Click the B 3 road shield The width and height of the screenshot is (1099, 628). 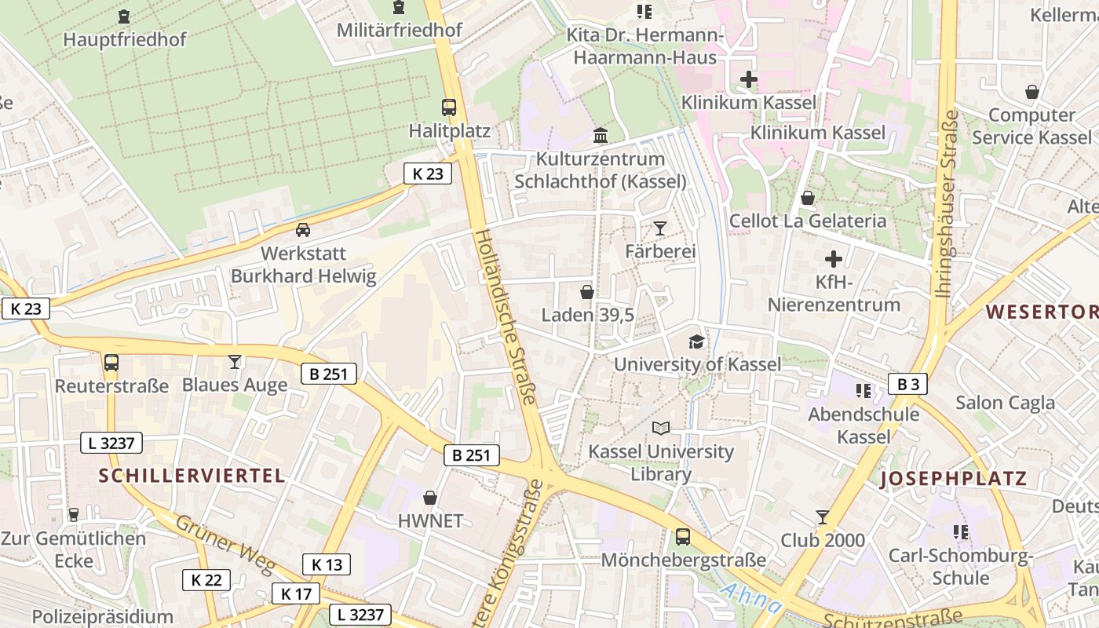908,384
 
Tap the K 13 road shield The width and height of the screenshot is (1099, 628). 327,564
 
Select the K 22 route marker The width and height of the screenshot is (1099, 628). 206,580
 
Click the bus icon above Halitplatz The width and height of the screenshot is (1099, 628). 449,108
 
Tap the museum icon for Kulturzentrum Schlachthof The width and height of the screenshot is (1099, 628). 601,135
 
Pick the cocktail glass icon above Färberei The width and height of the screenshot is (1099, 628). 659,228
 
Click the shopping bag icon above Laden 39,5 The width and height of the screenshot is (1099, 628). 586,293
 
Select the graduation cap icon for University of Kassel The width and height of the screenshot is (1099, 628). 696,341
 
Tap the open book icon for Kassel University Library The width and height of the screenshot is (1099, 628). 661,428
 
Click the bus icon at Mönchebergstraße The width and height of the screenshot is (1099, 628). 683,537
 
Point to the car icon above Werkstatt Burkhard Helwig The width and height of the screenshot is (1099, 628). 302,230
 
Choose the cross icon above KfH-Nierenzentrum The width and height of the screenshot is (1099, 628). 834,259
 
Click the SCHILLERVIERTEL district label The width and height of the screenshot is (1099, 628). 192,475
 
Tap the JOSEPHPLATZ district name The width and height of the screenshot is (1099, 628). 953,479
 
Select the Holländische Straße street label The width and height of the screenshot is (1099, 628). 506,316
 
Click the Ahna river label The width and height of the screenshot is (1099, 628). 751,598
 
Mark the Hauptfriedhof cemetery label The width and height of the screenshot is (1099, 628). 125,39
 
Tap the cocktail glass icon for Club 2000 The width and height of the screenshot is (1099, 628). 822,517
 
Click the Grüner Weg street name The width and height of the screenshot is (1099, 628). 214,543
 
